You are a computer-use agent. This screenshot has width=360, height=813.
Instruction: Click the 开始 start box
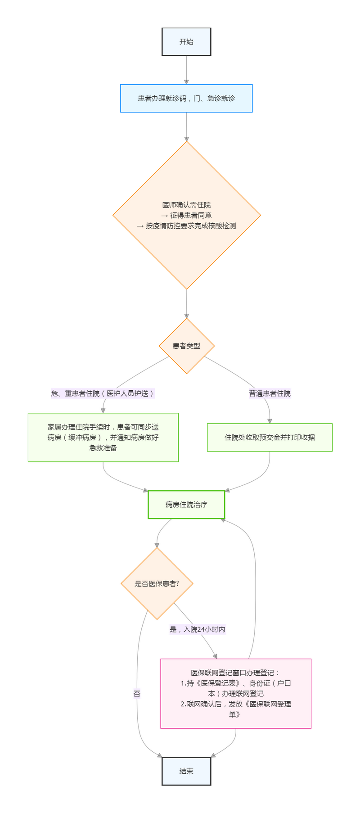click(186, 42)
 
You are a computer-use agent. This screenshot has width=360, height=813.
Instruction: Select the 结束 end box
click(186, 771)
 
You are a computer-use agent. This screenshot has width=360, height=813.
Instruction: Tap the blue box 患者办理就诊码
click(186, 98)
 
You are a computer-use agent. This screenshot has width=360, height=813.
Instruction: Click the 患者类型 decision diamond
click(187, 346)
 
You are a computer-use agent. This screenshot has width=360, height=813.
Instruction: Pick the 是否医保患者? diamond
click(157, 584)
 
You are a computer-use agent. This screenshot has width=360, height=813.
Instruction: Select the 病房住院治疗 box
click(186, 505)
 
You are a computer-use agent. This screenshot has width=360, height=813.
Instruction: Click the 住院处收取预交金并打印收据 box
click(270, 437)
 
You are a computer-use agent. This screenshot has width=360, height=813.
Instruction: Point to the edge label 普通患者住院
click(270, 393)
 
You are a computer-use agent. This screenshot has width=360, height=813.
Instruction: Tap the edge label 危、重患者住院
click(103, 393)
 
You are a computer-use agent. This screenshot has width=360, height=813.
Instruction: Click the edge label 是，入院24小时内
click(198, 629)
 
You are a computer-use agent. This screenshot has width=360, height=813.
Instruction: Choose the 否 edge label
click(137, 694)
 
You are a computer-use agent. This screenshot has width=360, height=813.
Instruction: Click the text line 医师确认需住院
click(187, 205)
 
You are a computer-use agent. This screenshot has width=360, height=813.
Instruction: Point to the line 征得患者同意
click(187, 216)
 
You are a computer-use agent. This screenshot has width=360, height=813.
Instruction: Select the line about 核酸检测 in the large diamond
click(187, 226)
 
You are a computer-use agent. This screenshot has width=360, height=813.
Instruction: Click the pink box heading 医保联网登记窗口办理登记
click(235, 673)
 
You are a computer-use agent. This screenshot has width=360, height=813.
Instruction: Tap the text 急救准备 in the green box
click(103, 448)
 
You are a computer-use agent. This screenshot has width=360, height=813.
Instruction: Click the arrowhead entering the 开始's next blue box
click(186, 81)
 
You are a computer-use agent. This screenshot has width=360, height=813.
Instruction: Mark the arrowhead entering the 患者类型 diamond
click(187, 316)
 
